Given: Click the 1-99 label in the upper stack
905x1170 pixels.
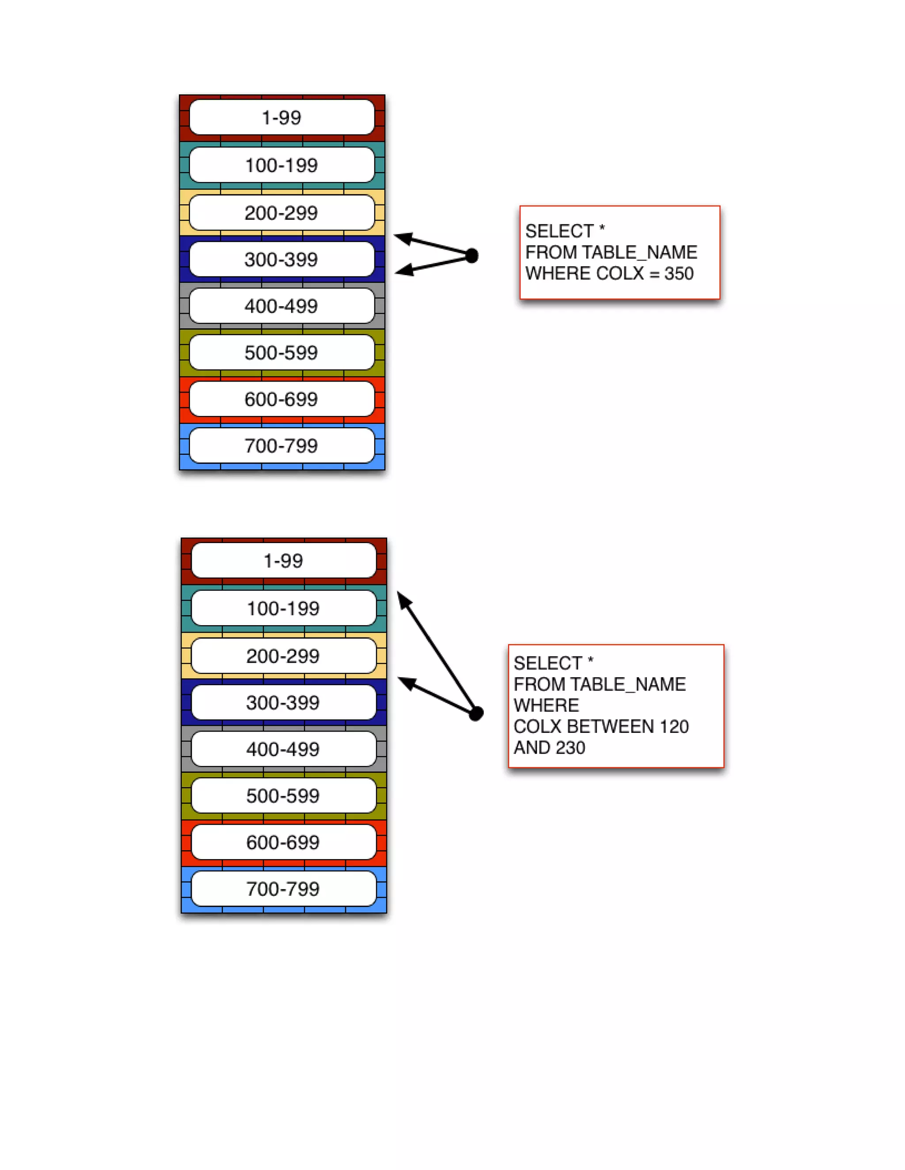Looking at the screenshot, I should click(281, 117).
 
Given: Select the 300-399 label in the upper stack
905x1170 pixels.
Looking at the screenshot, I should click(281, 259).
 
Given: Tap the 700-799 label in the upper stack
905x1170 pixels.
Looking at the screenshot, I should click(281, 445).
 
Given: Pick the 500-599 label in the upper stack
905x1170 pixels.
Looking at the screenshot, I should click(281, 352).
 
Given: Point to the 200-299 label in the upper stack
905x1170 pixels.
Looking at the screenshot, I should click(281, 213).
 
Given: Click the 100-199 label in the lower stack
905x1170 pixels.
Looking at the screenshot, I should click(283, 608).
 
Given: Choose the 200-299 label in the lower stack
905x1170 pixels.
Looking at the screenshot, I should click(283, 656).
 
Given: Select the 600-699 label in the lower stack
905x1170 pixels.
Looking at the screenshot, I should click(283, 842).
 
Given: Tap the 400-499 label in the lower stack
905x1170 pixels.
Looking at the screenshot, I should click(283, 749).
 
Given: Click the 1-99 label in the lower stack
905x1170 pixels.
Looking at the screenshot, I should click(283, 561).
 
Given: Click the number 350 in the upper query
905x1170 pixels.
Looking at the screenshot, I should click(679, 273).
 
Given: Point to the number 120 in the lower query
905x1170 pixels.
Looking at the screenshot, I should click(674, 726).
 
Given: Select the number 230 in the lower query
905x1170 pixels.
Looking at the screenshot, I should click(570, 747).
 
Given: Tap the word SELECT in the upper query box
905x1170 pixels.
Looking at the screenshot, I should click(559, 231).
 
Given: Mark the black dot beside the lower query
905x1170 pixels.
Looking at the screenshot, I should click(476, 713).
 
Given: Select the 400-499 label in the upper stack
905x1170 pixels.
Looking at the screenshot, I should click(281, 306).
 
